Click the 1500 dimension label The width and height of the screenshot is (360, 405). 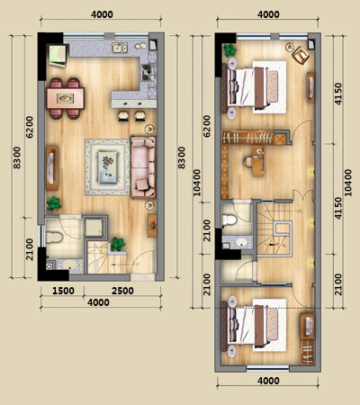63,291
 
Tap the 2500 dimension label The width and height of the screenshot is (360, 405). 122,291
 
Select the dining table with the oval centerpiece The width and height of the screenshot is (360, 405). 66,98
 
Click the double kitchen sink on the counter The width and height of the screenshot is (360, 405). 120,48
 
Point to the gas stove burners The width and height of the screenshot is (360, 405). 147,72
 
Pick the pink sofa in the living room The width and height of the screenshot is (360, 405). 144,167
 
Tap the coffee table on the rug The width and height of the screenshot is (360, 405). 108,166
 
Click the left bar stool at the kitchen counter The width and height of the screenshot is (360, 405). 123,116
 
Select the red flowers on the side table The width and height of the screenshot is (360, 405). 153,224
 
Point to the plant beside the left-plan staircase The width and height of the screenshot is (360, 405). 118,244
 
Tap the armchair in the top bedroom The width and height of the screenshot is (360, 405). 301,55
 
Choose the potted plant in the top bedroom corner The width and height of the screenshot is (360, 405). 230,50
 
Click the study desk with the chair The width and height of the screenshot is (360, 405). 258,162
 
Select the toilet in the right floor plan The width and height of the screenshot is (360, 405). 229,220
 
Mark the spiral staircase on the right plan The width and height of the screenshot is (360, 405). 274,229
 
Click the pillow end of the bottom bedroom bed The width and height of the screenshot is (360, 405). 233,325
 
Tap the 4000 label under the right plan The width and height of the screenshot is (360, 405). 268,381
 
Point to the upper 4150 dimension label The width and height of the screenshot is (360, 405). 338,94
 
